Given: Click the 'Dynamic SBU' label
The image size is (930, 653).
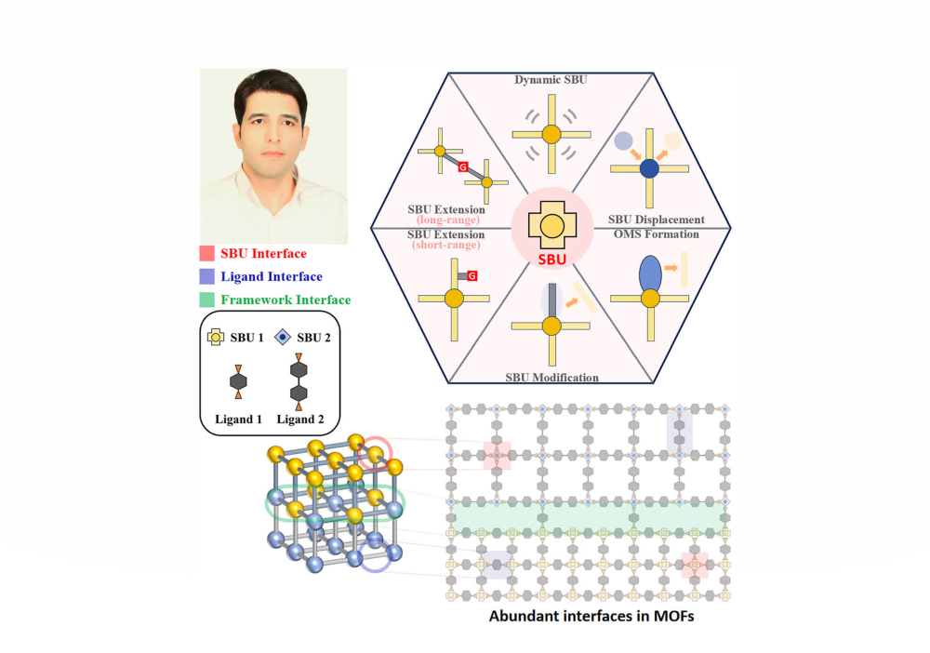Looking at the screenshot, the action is (x=551, y=79).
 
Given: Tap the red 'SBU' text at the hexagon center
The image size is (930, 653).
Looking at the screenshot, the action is (x=552, y=260).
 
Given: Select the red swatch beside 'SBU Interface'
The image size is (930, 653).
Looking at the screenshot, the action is (x=206, y=253).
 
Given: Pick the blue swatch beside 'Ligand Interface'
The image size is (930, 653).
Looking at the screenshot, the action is (x=206, y=276).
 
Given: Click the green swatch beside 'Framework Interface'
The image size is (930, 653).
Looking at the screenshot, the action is (x=206, y=300).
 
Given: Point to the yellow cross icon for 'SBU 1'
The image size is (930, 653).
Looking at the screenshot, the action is (x=216, y=338).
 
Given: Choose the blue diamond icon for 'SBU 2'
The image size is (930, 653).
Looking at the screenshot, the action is (x=283, y=338).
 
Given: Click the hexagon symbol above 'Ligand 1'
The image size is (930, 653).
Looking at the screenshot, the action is (x=238, y=381).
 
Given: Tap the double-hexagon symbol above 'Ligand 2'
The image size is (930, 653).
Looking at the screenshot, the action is (x=299, y=381).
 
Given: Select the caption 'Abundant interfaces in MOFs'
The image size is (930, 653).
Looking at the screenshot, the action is (x=591, y=616).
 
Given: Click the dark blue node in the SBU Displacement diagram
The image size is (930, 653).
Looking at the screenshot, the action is (x=649, y=168).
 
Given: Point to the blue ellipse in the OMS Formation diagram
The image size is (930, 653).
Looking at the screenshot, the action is (x=650, y=273).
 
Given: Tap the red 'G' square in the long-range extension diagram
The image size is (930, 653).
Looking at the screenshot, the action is (x=463, y=167).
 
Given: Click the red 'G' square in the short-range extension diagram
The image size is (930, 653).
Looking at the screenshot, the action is (x=472, y=275).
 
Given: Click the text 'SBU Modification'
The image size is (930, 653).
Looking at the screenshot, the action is (x=551, y=378).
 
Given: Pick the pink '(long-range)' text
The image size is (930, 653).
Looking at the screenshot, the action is (x=448, y=220).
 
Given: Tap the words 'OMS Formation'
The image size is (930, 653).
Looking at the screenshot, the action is (x=656, y=234).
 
